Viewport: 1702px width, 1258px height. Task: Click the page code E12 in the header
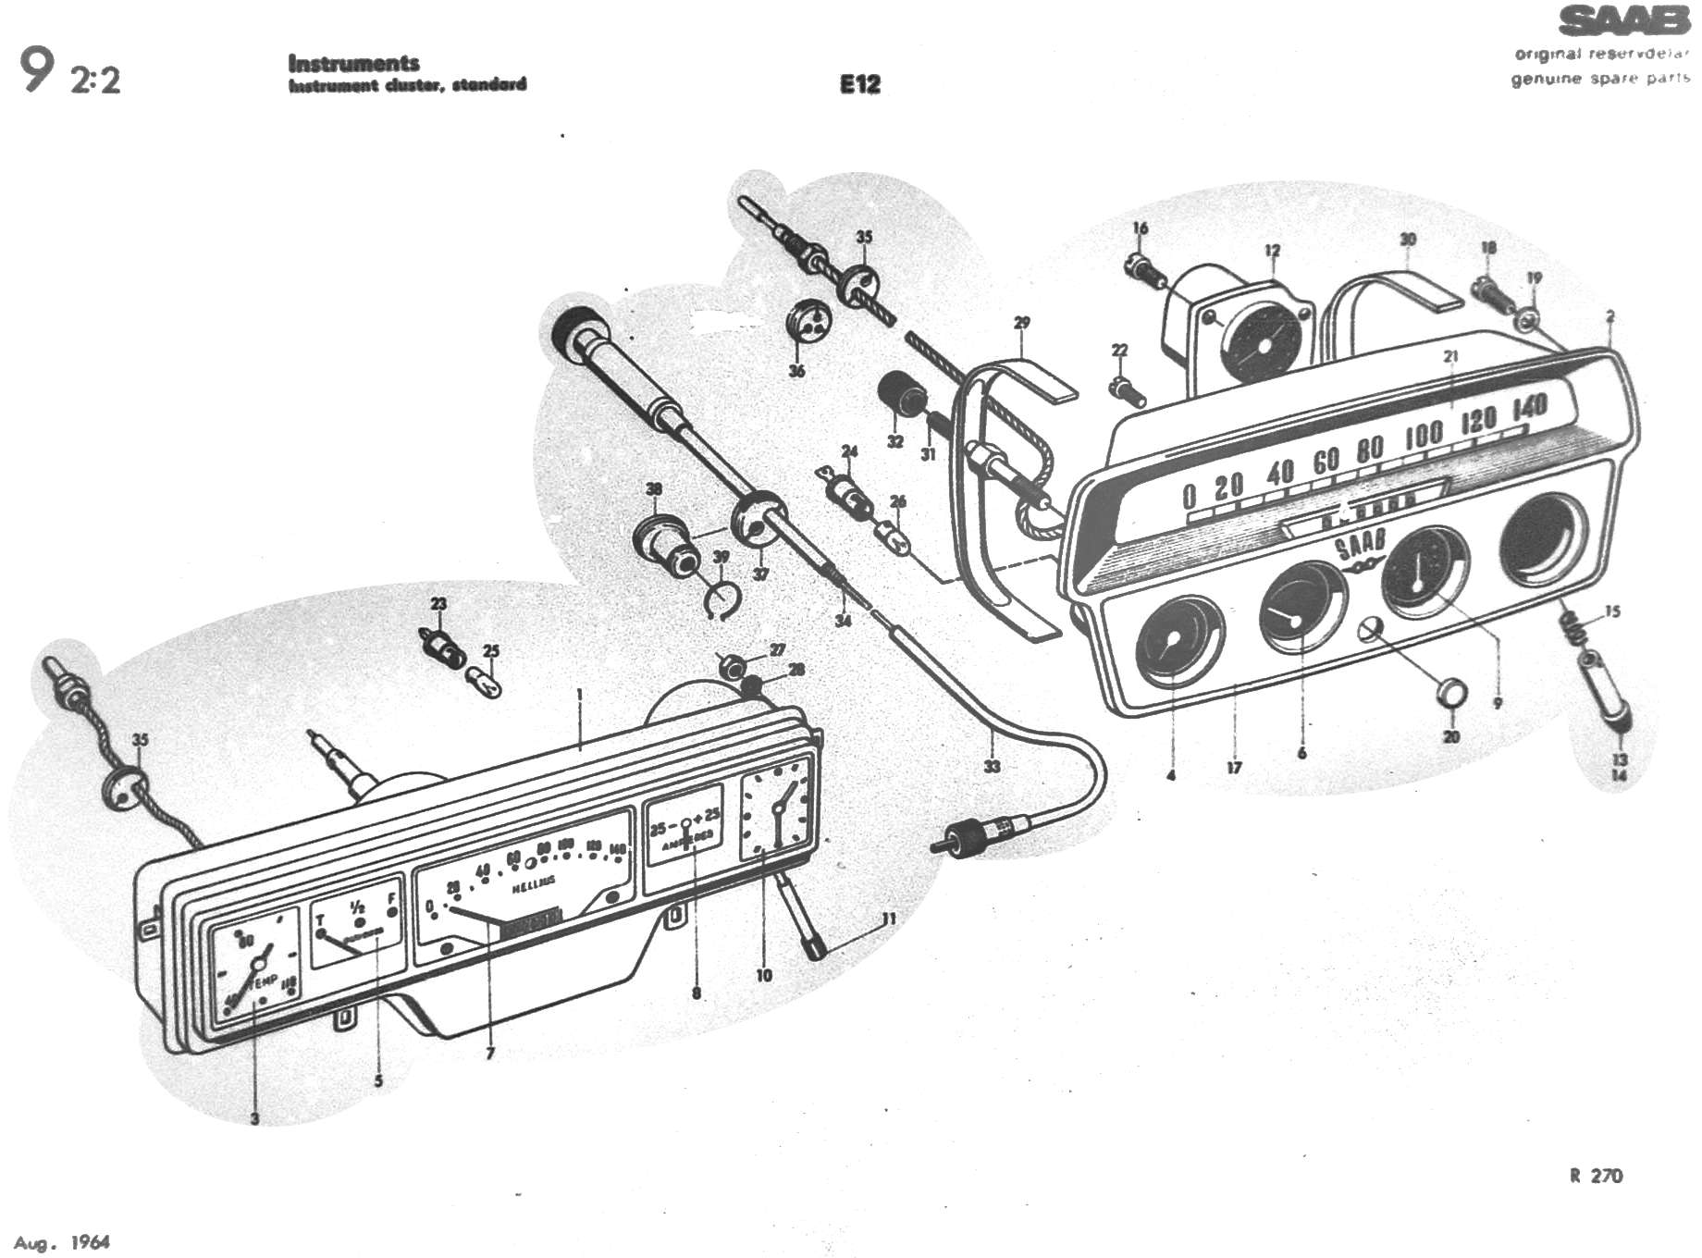point(859,84)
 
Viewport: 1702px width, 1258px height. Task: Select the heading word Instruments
point(353,63)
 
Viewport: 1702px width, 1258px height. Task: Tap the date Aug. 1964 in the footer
point(62,1242)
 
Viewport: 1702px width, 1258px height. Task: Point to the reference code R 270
point(1596,1176)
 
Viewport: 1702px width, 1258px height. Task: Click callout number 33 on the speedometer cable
point(992,766)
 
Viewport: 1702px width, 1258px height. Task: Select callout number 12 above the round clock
point(1273,250)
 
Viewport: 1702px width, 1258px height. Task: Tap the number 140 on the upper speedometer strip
point(1529,408)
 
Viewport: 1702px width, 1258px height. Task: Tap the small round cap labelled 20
point(1450,693)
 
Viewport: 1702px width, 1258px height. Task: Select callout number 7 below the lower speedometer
point(490,1053)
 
